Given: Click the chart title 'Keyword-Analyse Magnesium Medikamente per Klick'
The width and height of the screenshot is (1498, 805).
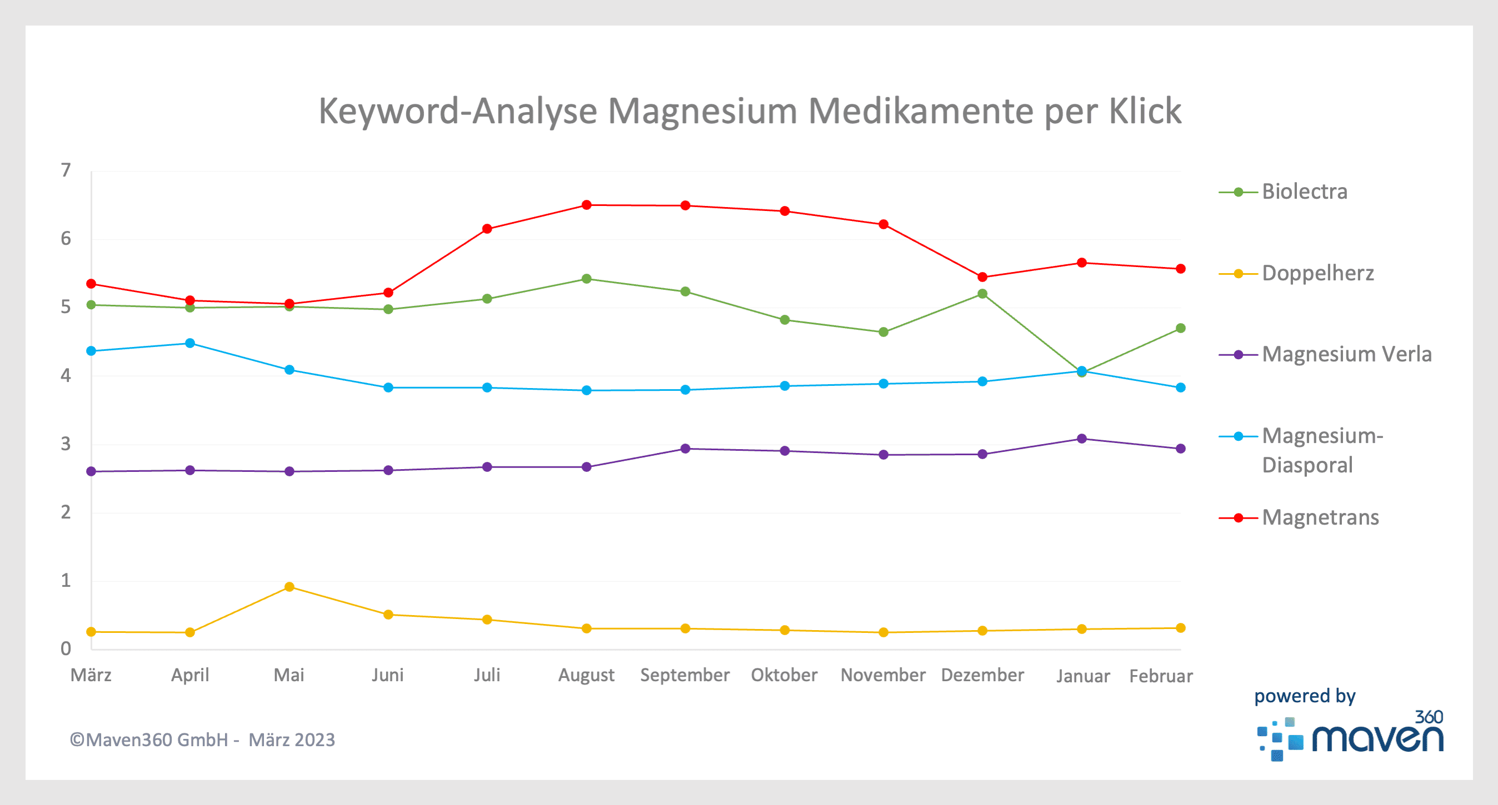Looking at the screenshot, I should (750, 110).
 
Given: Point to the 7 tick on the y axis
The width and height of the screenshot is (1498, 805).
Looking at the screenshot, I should (66, 170).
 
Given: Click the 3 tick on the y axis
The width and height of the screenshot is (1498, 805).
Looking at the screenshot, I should (66, 444).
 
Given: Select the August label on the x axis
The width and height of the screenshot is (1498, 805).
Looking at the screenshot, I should (586, 675).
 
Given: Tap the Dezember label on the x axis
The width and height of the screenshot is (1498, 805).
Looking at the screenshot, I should (982, 675).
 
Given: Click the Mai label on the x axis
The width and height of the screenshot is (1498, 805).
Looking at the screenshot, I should (289, 675).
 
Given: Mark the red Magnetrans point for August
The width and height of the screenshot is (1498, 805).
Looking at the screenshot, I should (587, 205).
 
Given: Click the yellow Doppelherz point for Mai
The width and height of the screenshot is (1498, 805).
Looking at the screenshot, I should (289, 587).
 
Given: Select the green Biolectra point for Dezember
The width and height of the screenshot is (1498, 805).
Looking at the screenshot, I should (983, 294).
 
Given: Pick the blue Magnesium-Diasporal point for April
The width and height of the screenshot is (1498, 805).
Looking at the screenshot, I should (190, 344).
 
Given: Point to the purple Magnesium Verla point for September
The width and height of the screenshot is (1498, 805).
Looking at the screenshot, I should (686, 449).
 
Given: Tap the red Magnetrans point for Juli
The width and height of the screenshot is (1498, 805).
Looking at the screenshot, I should (487, 229).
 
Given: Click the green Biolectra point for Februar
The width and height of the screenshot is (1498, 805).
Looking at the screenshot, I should (1181, 329).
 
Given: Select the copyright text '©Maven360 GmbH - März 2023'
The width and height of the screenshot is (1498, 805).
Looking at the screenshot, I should (202, 740).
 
